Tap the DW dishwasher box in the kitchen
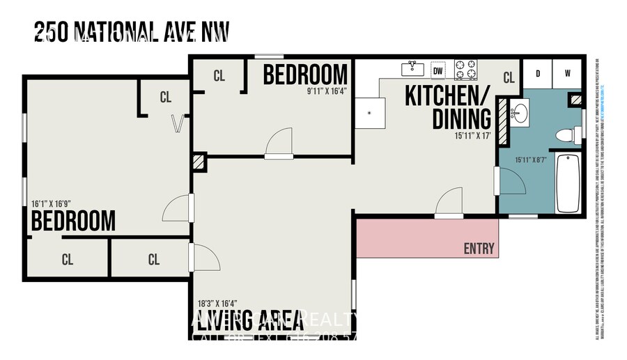(x=438, y=70)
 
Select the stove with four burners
(x=466, y=69)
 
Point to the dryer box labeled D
(x=538, y=73)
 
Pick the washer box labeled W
(x=567, y=73)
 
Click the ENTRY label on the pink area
(x=479, y=249)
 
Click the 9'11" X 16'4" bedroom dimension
(x=327, y=91)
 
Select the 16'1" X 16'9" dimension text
(x=52, y=204)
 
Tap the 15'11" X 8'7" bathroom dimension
(x=532, y=159)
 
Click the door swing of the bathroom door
(x=512, y=182)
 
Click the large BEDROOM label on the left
(x=73, y=221)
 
